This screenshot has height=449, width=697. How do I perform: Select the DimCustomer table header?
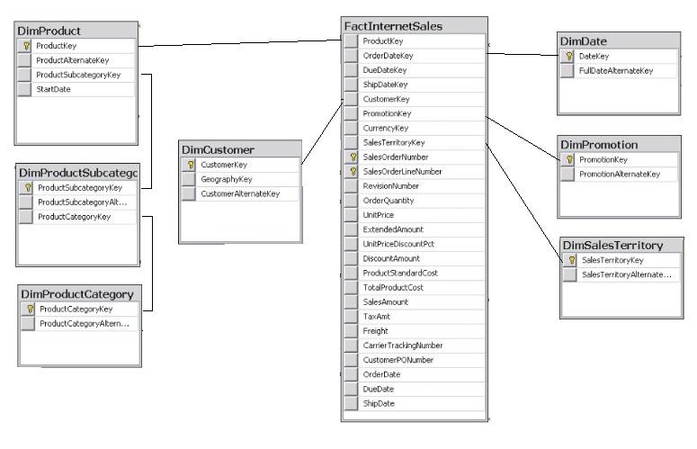coord(218,150)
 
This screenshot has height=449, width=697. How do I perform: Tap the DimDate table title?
coord(585,41)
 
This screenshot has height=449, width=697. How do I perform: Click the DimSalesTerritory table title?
coord(612,245)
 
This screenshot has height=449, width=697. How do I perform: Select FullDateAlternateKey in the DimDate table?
coord(616,70)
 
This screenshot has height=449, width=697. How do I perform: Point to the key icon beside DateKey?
coord(567,56)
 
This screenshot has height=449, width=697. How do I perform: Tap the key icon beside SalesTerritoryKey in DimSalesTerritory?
coord(570,259)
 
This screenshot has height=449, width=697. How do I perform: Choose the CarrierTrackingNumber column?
coord(401,346)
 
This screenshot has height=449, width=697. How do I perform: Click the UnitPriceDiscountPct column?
coord(398,244)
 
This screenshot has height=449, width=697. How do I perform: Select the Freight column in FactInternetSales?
coord(375,331)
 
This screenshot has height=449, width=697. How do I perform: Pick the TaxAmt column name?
coord(375,317)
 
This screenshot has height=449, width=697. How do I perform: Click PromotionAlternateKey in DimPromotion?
coord(620,174)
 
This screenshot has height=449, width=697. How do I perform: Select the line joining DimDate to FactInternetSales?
coord(522,54)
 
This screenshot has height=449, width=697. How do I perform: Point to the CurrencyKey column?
coord(384,128)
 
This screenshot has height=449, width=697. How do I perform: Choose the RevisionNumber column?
coord(389,185)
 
